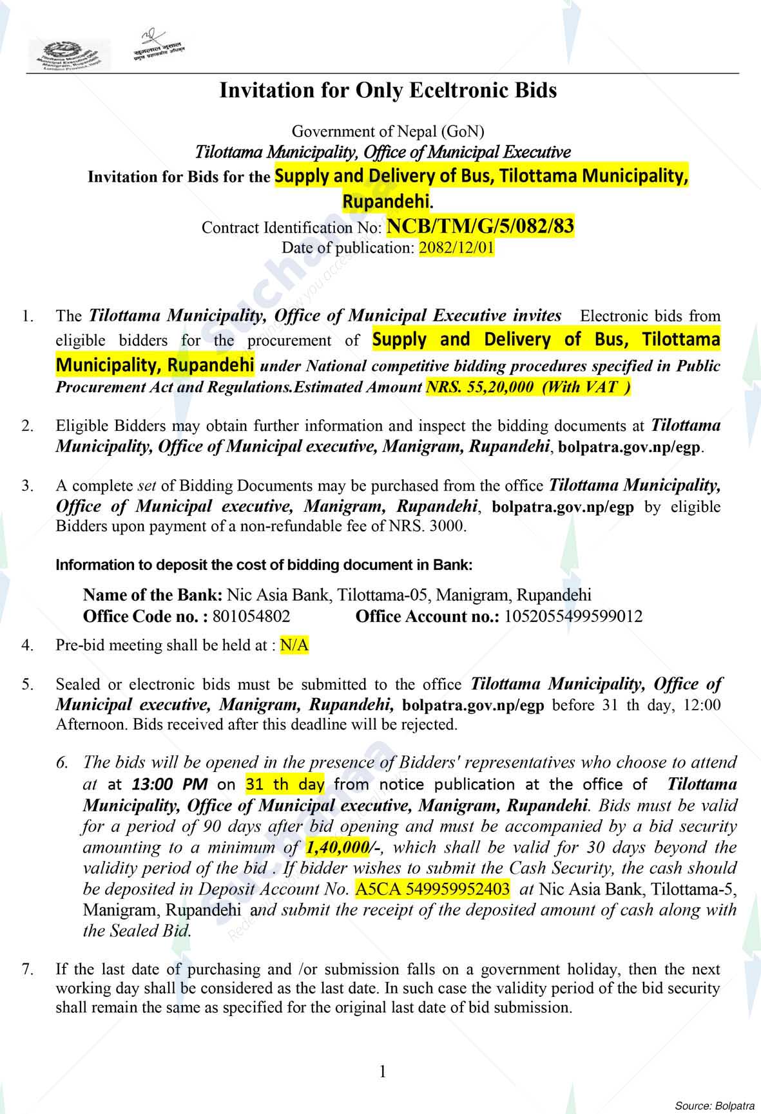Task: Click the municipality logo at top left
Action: coord(69,53)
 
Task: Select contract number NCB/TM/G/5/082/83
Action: coord(480,226)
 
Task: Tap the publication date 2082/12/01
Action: coord(457,248)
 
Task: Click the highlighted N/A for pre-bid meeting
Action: coord(294,645)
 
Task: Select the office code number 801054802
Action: coord(251,616)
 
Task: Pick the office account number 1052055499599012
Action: coord(573,616)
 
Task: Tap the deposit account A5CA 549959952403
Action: coord(432,889)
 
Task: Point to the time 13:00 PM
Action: coord(169,784)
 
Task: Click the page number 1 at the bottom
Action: coord(382,1072)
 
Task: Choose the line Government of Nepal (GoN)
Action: coord(388,131)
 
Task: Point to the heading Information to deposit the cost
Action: coord(264,565)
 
